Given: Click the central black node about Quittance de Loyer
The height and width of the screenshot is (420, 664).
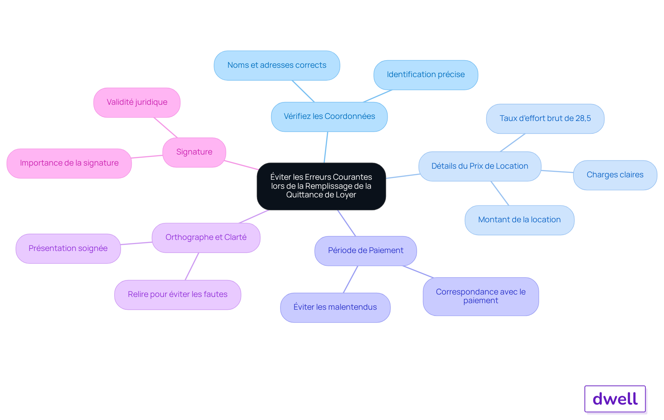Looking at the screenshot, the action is click(x=321, y=186).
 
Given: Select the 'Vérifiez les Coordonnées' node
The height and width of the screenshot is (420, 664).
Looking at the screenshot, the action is click(x=329, y=116).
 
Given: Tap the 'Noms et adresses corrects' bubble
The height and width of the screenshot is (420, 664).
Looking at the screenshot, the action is click(x=277, y=65).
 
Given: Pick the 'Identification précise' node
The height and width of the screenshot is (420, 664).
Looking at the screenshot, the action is click(x=426, y=75).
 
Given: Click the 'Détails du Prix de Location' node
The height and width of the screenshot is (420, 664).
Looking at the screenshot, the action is click(x=480, y=166).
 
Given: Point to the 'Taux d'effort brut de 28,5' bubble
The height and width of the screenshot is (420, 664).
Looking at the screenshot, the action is click(x=545, y=119).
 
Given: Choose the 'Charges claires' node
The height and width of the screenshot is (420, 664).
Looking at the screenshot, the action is click(x=615, y=175).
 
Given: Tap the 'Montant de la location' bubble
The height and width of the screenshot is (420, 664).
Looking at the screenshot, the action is click(x=519, y=220).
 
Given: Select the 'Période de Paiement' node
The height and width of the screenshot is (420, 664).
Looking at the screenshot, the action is click(x=366, y=251).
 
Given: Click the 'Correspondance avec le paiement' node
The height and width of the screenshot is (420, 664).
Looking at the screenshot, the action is click(x=481, y=296).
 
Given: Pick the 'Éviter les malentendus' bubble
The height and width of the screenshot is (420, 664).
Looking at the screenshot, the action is click(x=335, y=307).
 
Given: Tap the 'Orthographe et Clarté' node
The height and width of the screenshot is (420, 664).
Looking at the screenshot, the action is click(x=206, y=237).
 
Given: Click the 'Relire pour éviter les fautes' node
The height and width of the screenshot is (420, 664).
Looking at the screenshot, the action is click(x=177, y=295).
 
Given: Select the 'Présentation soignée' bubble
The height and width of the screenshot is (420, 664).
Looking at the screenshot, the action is click(x=68, y=249).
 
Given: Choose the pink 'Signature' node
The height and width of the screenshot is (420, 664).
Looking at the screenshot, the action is click(x=194, y=152).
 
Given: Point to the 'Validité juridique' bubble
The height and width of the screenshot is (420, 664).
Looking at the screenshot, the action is click(x=137, y=102).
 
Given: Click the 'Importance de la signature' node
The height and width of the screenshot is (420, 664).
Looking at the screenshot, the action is click(x=69, y=163).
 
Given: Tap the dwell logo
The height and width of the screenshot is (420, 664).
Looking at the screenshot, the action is click(x=615, y=399).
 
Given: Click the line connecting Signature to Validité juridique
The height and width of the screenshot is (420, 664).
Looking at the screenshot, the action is click(x=166, y=128).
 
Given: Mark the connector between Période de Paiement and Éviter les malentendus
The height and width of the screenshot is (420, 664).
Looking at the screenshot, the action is click(x=350, y=279).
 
